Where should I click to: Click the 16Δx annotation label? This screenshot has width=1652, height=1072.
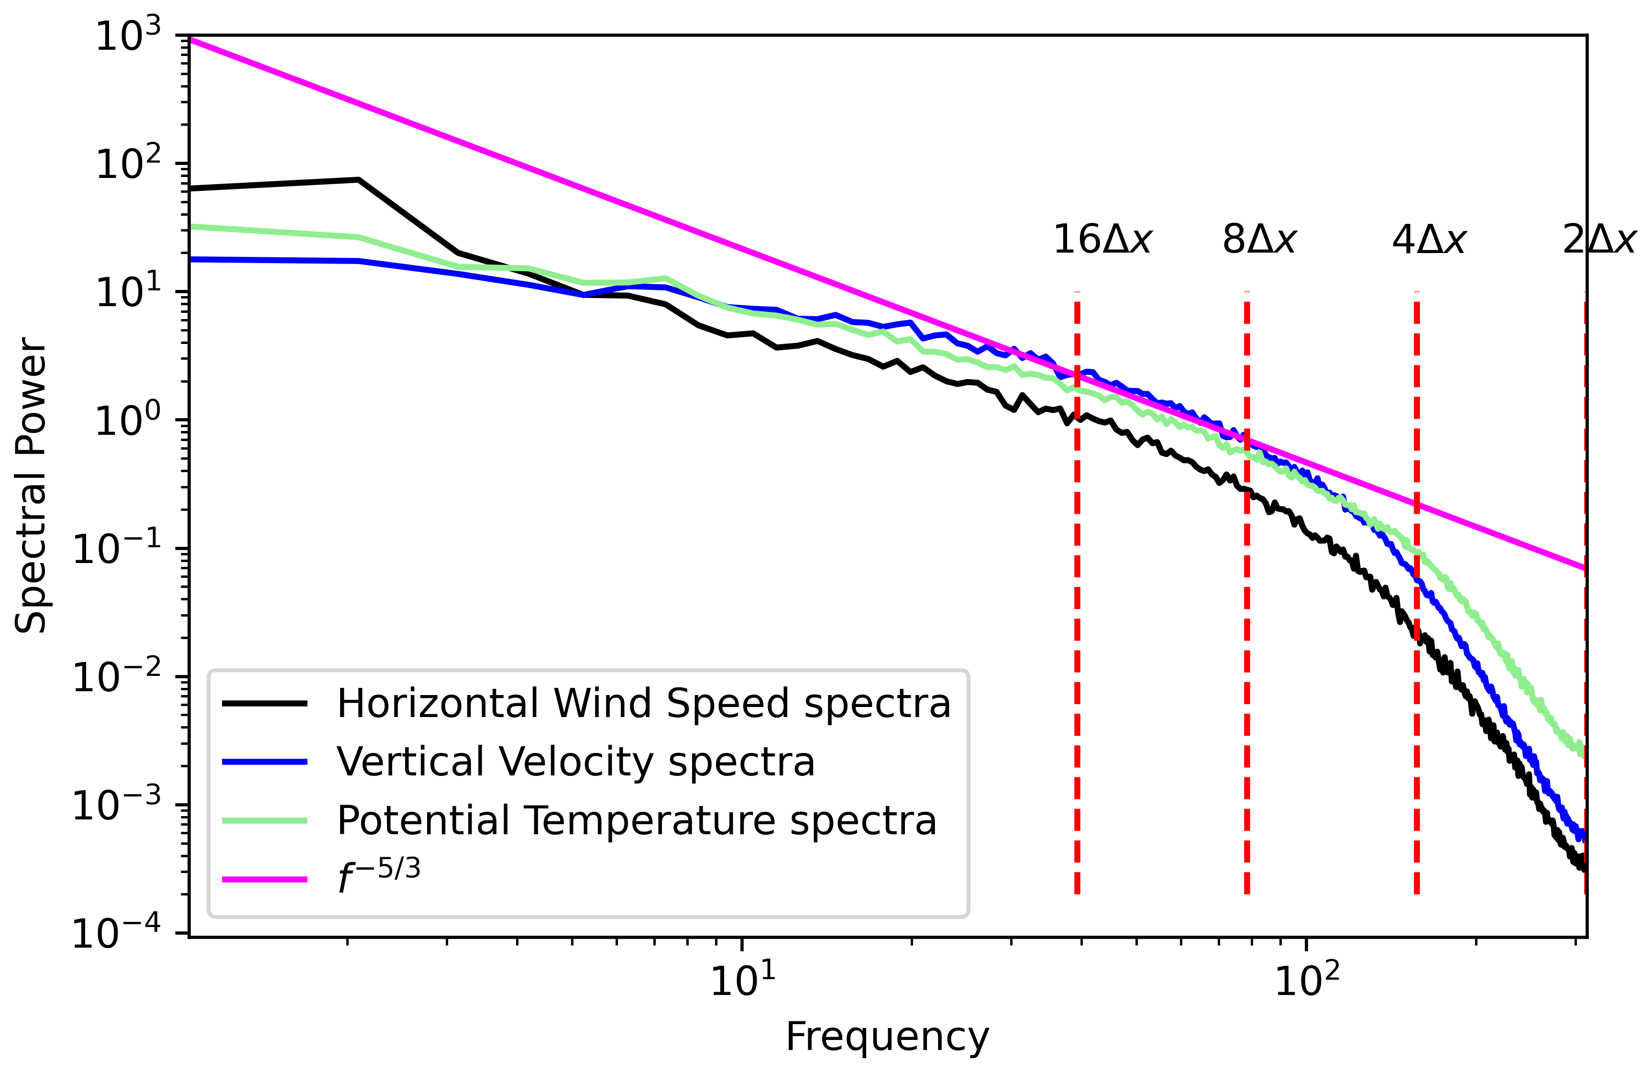pyautogui.click(x=1102, y=240)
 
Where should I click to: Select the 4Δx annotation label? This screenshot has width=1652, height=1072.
pyautogui.click(x=1429, y=240)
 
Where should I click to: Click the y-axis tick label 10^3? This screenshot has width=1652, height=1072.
pyautogui.click(x=128, y=36)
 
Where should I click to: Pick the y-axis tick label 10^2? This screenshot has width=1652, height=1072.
pyautogui.click(x=128, y=165)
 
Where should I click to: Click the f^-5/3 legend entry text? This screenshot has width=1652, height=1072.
pyautogui.click(x=379, y=877)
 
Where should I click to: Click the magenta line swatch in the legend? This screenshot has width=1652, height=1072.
pyautogui.click(x=264, y=879)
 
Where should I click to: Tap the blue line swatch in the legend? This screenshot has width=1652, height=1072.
pyautogui.click(x=264, y=762)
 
